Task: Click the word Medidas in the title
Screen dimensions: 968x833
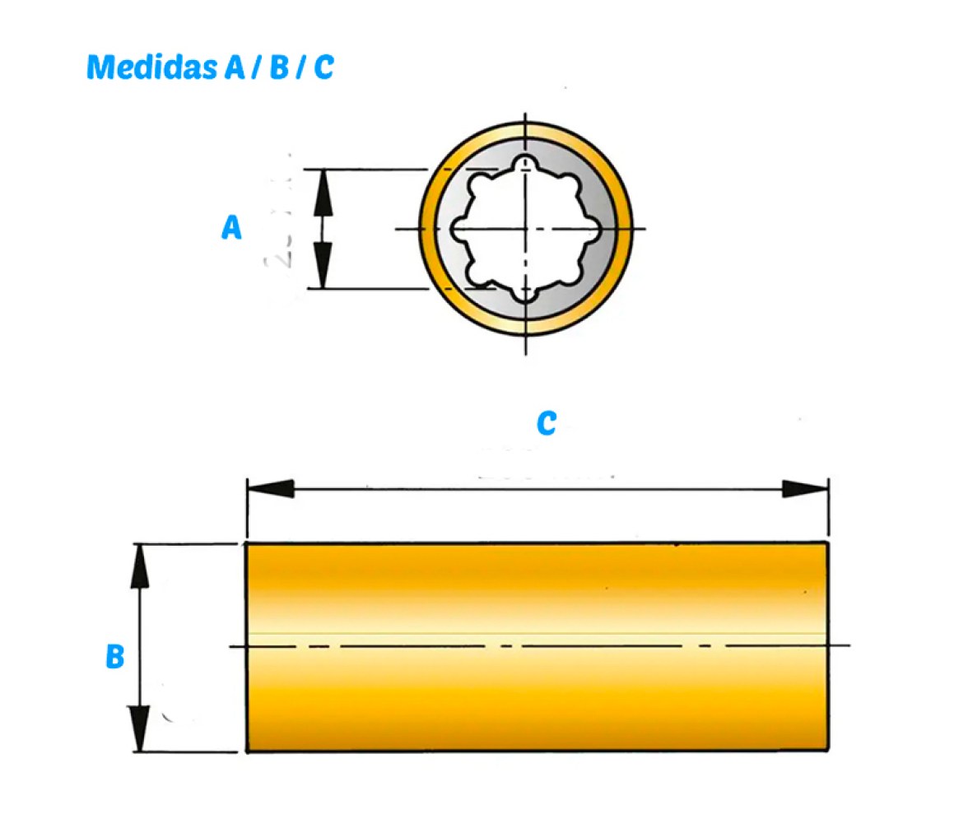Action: pyautogui.click(x=151, y=67)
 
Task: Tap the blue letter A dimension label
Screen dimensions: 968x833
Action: pyautogui.click(x=231, y=227)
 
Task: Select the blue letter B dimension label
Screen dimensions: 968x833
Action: pyautogui.click(x=115, y=656)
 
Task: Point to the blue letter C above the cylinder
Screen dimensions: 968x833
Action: pyautogui.click(x=547, y=424)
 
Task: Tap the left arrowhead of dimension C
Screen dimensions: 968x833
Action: pyautogui.click(x=270, y=488)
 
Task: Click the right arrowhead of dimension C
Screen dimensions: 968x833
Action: pyautogui.click(x=805, y=488)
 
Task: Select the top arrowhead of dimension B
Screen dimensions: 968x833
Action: pyautogui.click(x=140, y=566)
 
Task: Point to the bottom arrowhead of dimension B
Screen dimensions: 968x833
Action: pyautogui.click(x=140, y=728)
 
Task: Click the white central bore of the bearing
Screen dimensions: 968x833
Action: pyautogui.click(x=525, y=229)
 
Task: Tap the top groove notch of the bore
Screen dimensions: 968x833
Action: pyautogui.click(x=525, y=163)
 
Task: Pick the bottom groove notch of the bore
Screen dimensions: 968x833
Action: pyautogui.click(x=525, y=296)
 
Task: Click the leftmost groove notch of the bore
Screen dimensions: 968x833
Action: pyautogui.click(x=458, y=229)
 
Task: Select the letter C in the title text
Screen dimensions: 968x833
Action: pyautogui.click(x=324, y=67)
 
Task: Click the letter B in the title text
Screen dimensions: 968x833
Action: pyautogui.click(x=280, y=67)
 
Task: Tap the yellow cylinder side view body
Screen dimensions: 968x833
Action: pyautogui.click(x=537, y=646)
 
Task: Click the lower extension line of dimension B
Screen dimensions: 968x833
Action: pyautogui.click(x=186, y=752)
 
